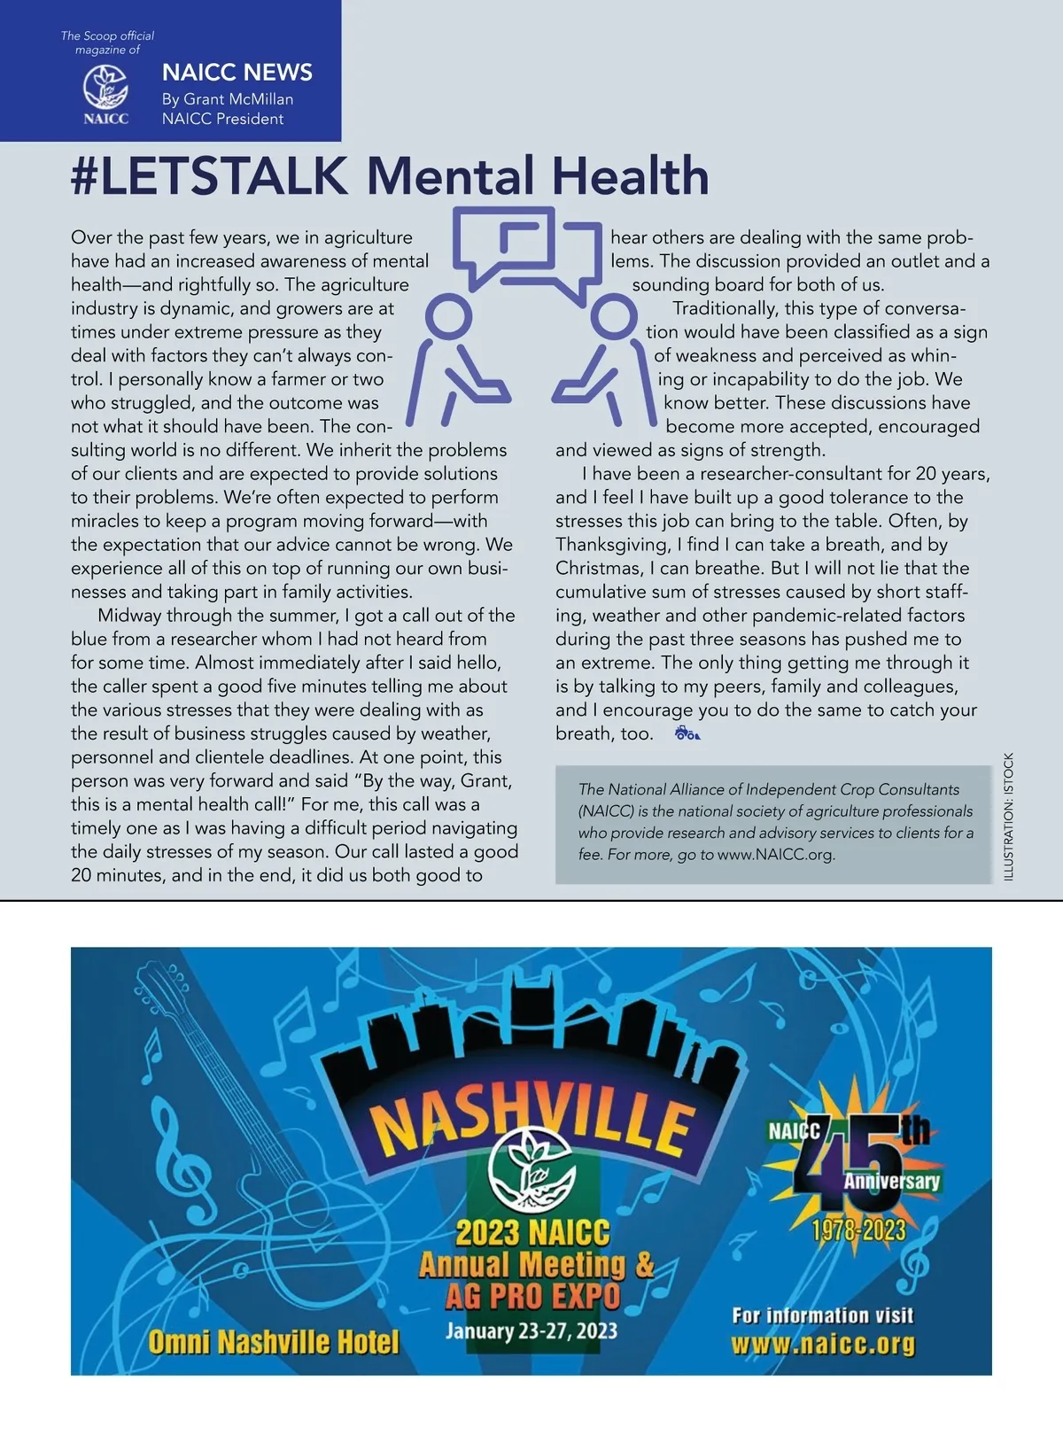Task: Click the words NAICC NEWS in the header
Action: click(x=237, y=73)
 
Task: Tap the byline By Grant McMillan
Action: click(x=228, y=99)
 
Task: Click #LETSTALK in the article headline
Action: click(x=209, y=176)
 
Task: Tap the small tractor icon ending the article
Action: click(x=687, y=733)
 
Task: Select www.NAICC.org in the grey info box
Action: click(x=776, y=856)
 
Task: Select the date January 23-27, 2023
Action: click(x=531, y=1331)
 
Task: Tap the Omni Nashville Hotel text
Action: click(x=274, y=1343)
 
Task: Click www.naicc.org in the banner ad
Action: click(x=823, y=1345)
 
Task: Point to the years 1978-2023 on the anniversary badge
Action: click(x=859, y=1230)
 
